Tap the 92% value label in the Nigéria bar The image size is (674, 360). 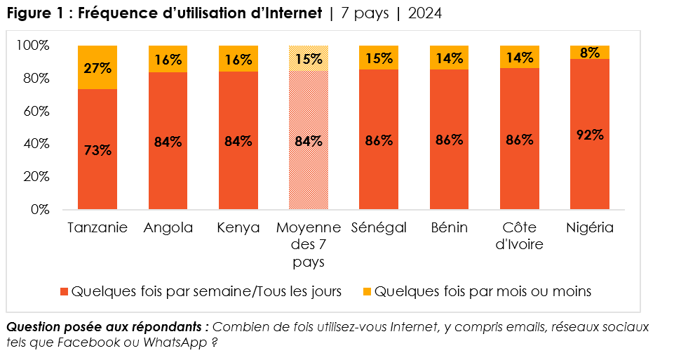[x=590, y=135]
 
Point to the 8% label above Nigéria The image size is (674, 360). [x=590, y=52]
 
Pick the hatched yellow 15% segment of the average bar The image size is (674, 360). [x=309, y=59]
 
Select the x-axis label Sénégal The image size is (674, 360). [x=379, y=228]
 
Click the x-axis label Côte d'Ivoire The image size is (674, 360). [x=519, y=236]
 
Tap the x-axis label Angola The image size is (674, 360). [x=168, y=228]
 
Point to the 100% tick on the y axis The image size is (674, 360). [x=33, y=46]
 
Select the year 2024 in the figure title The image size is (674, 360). [x=425, y=13]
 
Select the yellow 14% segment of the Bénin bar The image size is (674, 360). [x=449, y=58]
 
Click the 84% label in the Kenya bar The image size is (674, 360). [x=238, y=141]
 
